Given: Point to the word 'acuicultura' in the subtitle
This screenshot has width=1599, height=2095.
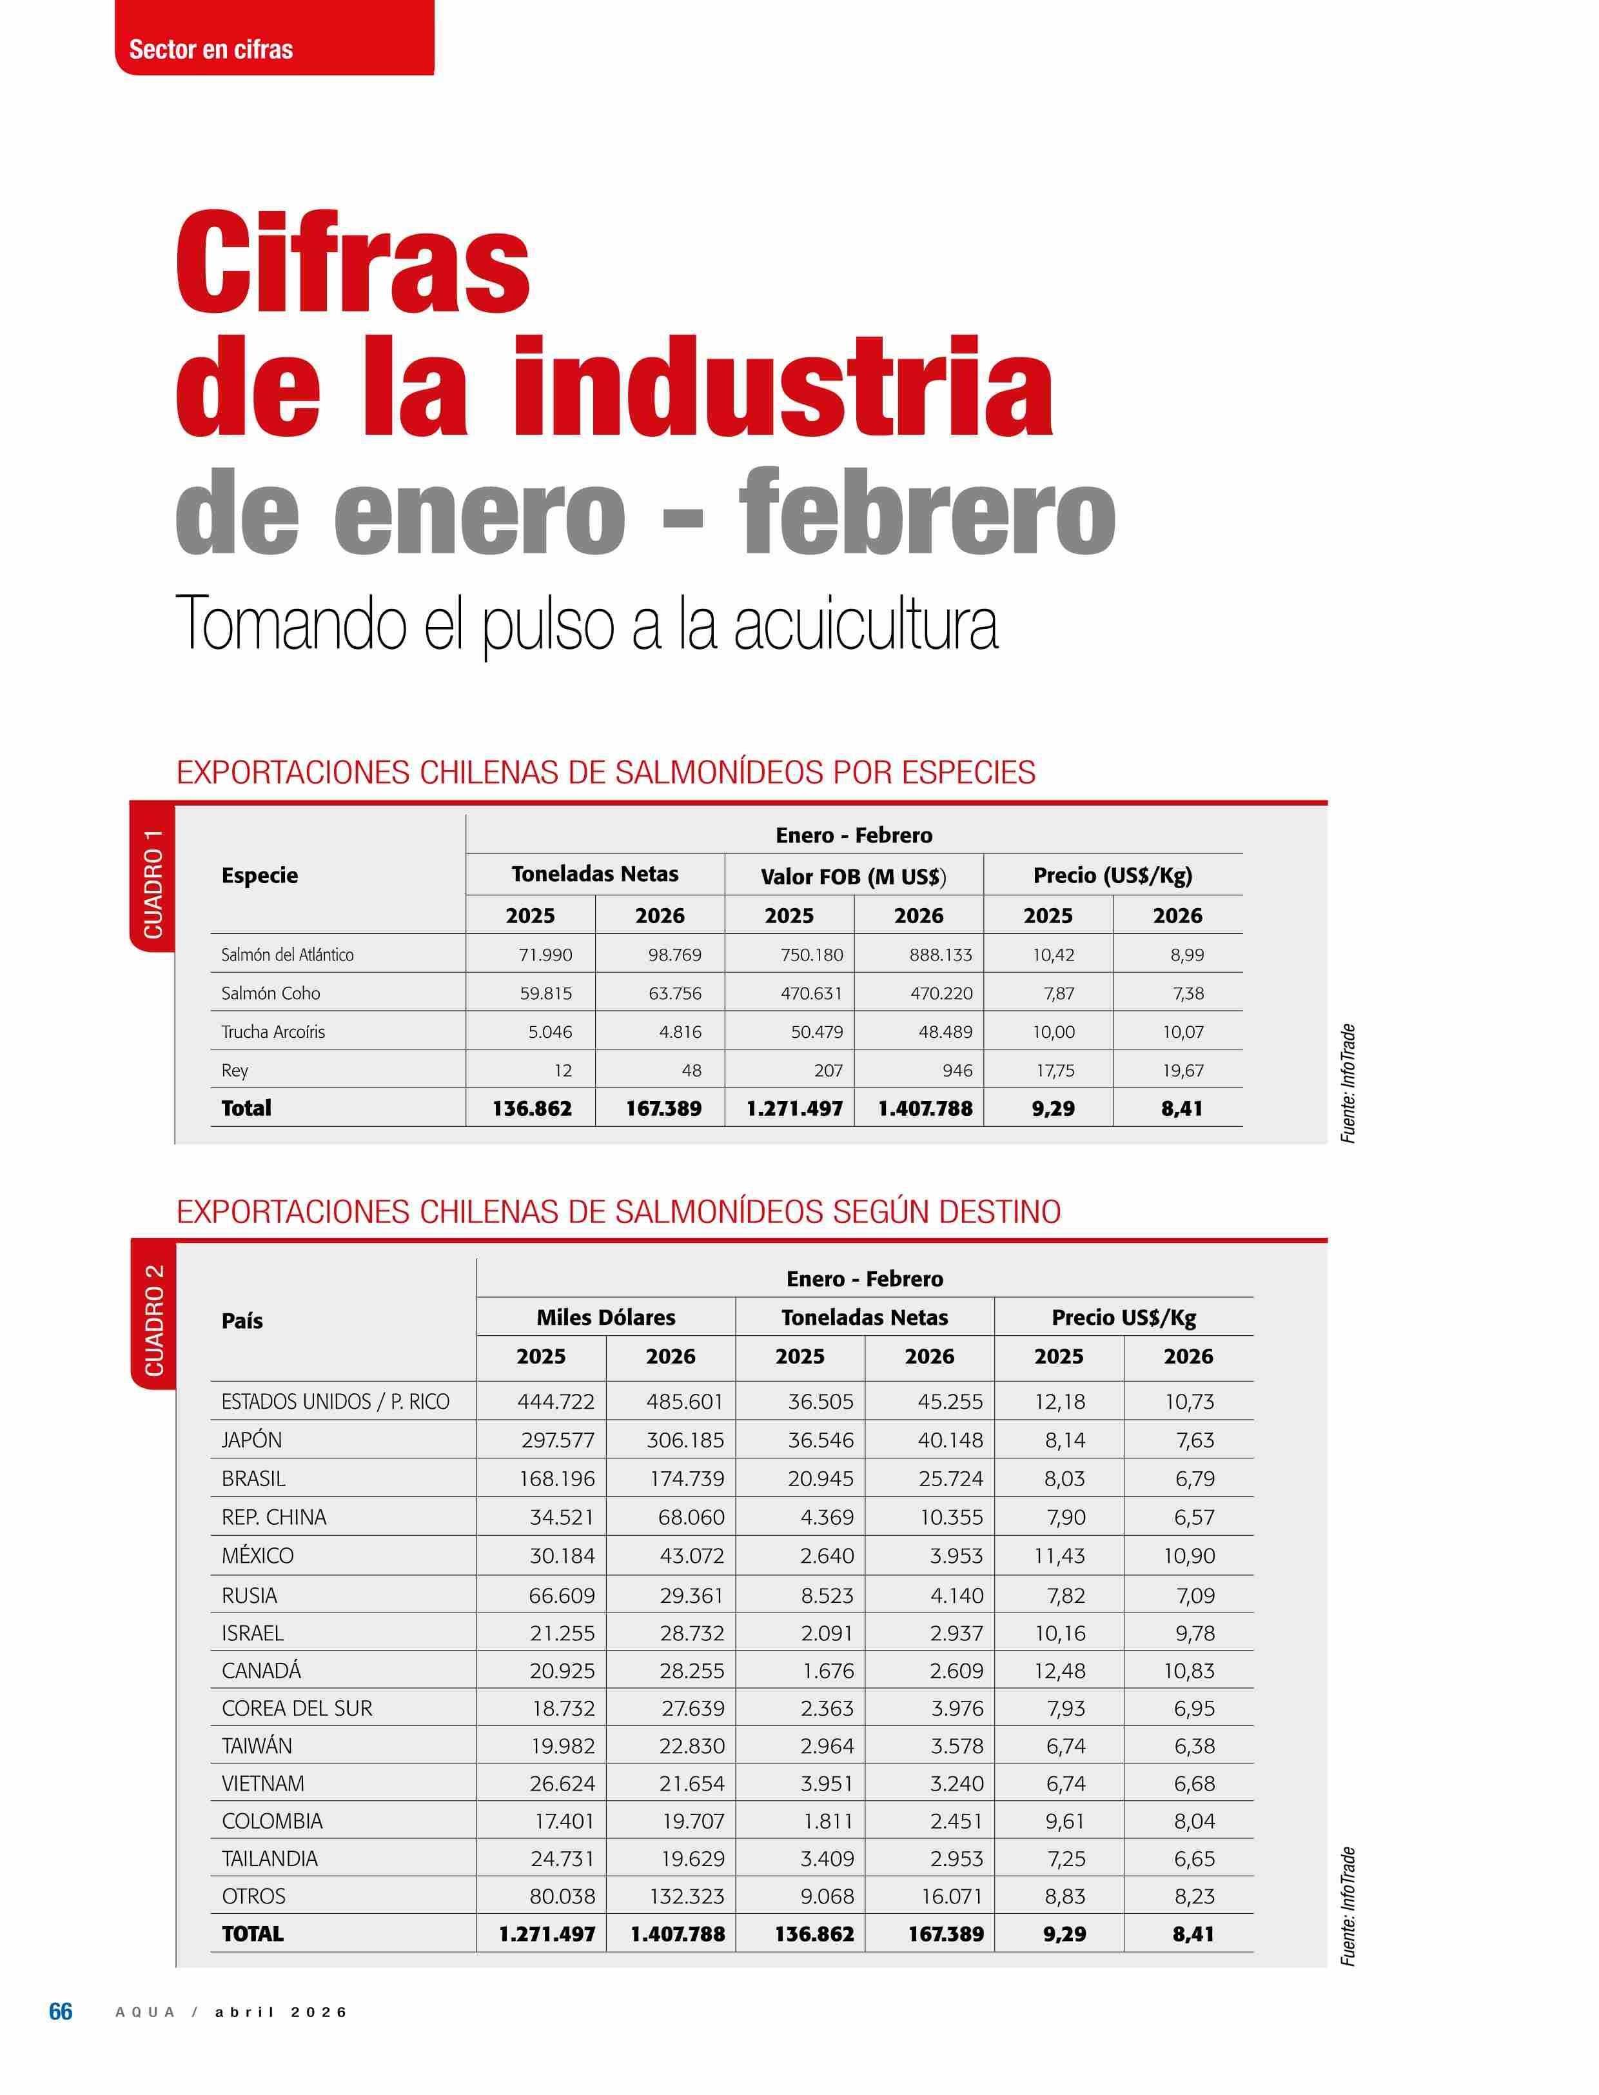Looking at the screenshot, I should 865,624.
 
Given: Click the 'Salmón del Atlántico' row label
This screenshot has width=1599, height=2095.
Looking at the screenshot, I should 288,954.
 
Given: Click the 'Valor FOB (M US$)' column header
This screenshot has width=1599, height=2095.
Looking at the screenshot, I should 853,875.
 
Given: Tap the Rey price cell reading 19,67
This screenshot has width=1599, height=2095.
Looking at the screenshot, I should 1183,1070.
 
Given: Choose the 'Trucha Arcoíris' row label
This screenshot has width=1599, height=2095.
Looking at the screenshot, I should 273,1031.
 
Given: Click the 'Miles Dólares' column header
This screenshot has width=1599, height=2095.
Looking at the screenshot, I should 605,1317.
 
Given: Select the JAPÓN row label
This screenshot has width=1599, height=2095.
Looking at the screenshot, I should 252,1440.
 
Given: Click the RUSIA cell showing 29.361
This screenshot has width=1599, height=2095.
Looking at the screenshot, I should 692,1595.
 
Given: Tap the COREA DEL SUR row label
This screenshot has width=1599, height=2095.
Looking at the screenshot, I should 297,1709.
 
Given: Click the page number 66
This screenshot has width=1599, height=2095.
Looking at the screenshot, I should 60,2011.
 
